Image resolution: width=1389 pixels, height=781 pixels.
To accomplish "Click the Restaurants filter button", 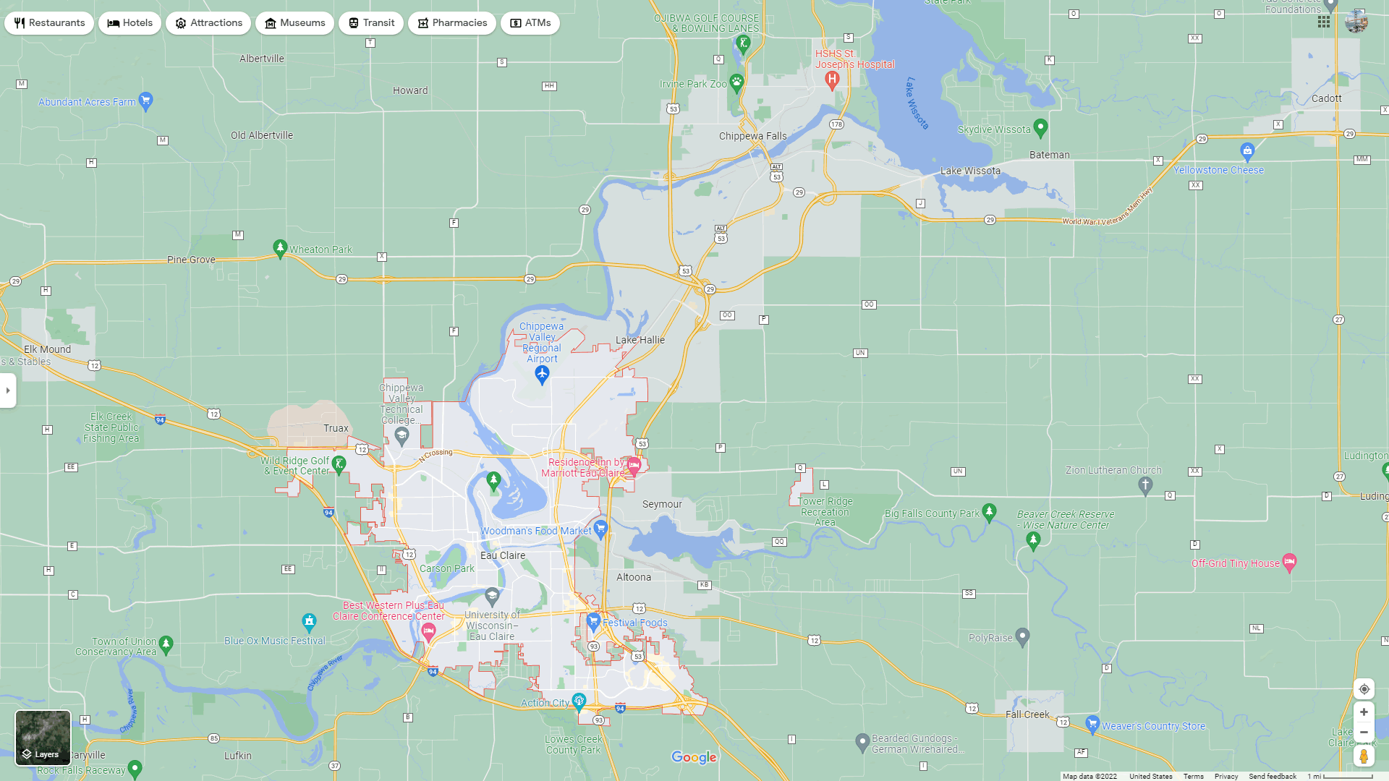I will click(49, 23).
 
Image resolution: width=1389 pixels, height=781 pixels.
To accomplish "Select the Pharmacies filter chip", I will click(451, 23).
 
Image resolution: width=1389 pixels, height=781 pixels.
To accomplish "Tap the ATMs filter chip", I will click(530, 23).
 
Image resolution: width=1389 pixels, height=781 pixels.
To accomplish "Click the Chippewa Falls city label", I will click(752, 136).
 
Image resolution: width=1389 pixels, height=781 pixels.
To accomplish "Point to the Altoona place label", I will click(634, 577).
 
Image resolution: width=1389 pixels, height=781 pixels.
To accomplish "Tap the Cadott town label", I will click(1326, 98).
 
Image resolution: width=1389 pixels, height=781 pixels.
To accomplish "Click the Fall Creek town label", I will click(1027, 714).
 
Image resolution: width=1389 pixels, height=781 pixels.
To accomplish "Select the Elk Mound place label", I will click(47, 349).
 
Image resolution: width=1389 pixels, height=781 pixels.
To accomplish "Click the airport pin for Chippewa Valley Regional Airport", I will click(542, 374).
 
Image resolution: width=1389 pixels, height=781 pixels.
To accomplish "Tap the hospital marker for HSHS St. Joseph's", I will click(832, 80).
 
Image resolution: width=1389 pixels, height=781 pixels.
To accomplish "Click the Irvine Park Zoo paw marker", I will click(736, 82).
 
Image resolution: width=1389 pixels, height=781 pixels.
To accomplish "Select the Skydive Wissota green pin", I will click(1040, 128).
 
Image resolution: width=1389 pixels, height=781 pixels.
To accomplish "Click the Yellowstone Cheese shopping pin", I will click(1246, 151).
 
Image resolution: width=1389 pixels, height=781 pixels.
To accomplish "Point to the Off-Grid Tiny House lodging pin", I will click(1289, 562).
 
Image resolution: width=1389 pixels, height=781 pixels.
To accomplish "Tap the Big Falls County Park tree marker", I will click(989, 512).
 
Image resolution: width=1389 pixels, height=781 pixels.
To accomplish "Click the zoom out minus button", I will click(1364, 733).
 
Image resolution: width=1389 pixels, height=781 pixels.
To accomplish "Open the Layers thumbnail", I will click(43, 738).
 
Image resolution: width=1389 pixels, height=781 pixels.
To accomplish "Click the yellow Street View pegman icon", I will click(1364, 756).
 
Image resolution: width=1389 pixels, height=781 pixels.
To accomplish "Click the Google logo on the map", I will click(694, 757).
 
